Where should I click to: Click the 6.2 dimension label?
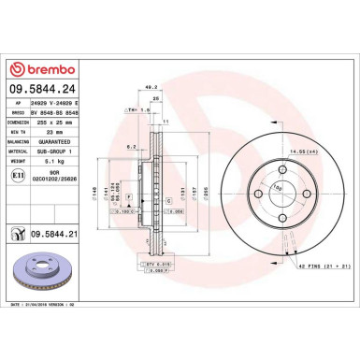coord(133,148)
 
